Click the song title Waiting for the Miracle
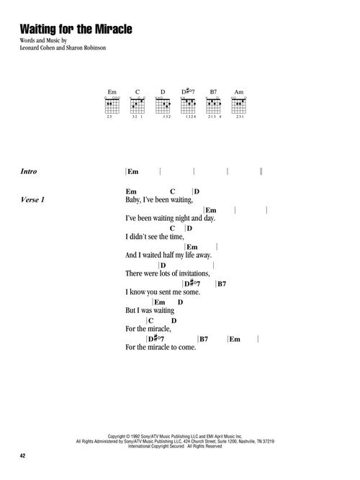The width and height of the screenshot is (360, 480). pyautogui.click(x=76, y=29)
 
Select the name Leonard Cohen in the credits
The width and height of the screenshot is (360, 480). pyautogui.click(x=37, y=47)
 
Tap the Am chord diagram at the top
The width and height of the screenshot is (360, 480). pyautogui.click(x=238, y=105)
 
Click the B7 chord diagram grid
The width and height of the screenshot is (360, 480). pyautogui.click(x=213, y=105)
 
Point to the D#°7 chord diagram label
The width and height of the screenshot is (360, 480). pyautogui.click(x=188, y=91)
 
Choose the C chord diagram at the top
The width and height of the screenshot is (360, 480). pyautogui.click(x=138, y=105)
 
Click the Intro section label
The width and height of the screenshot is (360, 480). pyautogui.click(x=29, y=171)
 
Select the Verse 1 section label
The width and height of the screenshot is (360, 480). pyautogui.click(x=32, y=200)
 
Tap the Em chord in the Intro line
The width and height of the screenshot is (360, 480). pyautogui.click(x=133, y=172)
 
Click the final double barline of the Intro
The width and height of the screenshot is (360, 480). pyautogui.click(x=261, y=171)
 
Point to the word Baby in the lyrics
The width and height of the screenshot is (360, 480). pyautogui.click(x=132, y=200)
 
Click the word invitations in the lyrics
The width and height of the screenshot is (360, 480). pyautogui.click(x=194, y=273)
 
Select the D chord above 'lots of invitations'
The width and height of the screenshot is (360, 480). pyautogui.click(x=163, y=266)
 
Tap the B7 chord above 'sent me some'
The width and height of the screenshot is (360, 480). pyautogui.click(x=222, y=284)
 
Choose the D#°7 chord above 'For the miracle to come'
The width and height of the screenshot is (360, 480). pyautogui.click(x=156, y=338)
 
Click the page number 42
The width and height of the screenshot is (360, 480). pyautogui.click(x=22, y=456)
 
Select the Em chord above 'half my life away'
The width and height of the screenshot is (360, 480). pyautogui.click(x=192, y=247)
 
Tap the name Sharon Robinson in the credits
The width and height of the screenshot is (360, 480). pyautogui.click(x=86, y=47)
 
